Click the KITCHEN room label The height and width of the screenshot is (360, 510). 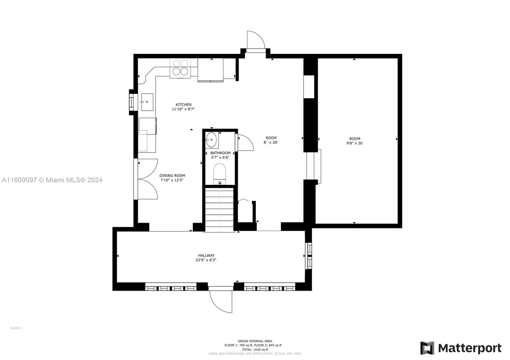pyautogui.click(x=183, y=105)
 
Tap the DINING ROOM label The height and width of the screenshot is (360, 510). pyautogui.click(x=172, y=176)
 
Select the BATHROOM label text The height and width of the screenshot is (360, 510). pyautogui.click(x=220, y=153)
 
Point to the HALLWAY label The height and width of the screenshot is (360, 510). pyautogui.click(x=206, y=256)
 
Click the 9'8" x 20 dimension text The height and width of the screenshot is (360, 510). pyautogui.click(x=354, y=143)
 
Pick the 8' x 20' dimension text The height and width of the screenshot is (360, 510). pyautogui.click(x=271, y=142)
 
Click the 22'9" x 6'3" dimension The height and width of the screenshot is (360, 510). pyautogui.click(x=206, y=260)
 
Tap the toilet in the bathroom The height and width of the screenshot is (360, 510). pyautogui.click(x=220, y=174)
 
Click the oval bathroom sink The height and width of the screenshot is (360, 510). pyautogui.click(x=211, y=140)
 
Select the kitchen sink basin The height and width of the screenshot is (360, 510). pyautogui.click(x=147, y=102)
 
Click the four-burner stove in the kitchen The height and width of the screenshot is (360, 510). pyautogui.click(x=180, y=68)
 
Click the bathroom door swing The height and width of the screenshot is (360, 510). pyautogui.click(x=245, y=142)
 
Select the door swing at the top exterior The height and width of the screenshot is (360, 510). pyautogui.click(x=256, y=40)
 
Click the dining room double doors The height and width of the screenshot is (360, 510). pyautogui.click(x=148, y=179)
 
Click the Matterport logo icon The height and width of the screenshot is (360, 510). pyautogui.click(x=427, y=348)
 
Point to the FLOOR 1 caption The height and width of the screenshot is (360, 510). pyautogui.click(x=16, y=328)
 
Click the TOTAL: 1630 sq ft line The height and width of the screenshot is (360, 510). pyautogui.click(x=255, y=349)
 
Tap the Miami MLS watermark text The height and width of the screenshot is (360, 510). pyautogui.click(x=52, y=180)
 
